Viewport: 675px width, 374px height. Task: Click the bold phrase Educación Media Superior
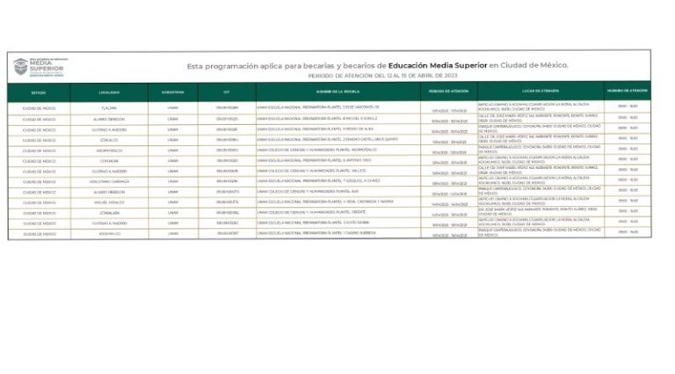coord(438,65)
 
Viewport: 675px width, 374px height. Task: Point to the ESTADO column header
coord(39,92)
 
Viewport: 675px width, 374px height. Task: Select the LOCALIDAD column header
coord(109,92)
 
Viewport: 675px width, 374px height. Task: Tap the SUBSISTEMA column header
coord(172,92)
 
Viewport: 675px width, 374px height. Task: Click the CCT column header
coord(226,92)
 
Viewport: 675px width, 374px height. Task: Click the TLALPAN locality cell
coord(109,107)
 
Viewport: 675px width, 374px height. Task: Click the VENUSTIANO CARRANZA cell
coord(109,181)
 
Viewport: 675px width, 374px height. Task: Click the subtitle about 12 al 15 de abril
coord(384,76)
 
